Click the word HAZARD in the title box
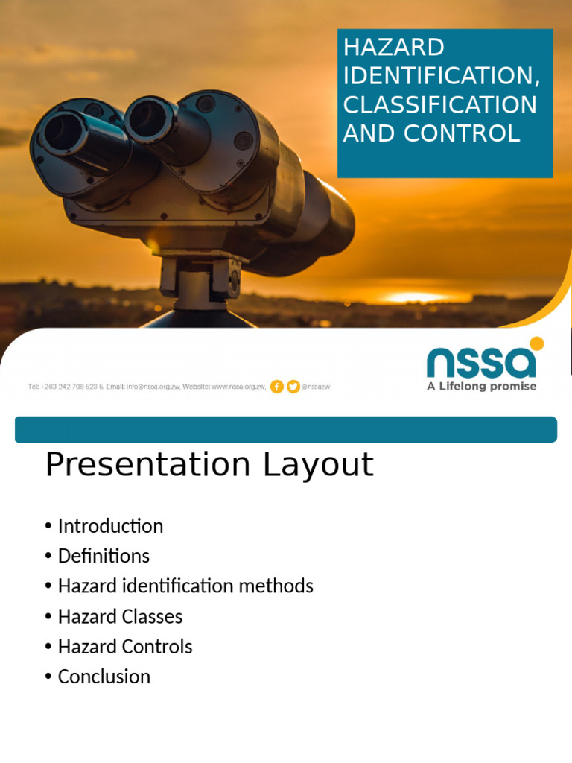393,47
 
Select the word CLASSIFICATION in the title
439,104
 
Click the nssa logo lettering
480,363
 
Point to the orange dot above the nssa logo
536,343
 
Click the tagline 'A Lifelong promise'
481,387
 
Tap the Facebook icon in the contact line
276,387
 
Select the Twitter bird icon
293,387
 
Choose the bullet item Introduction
110,526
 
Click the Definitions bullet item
104,556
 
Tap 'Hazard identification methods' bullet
185,586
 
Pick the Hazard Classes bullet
120,617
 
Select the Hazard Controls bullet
125,647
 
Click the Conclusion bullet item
104,677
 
